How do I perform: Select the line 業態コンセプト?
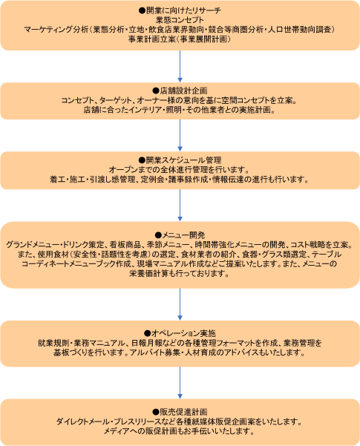(180, 20)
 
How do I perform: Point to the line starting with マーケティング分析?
(180, 30)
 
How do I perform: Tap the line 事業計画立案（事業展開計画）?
(180, 39)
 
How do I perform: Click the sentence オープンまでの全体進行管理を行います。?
(180, 170)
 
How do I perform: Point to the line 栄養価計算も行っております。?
(180, 274)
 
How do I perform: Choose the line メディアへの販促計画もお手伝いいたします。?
(180, 431)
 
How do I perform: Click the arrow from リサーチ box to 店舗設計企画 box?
(180, 67)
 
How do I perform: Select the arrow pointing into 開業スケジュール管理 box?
(180, 135)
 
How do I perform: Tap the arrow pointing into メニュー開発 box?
(180, 206)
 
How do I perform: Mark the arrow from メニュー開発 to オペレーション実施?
(180, 304)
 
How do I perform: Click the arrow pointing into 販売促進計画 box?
(180, 383)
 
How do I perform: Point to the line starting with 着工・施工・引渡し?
(180, 180)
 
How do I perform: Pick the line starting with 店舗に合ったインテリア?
(180, 110)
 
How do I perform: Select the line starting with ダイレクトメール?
(180, 422)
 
